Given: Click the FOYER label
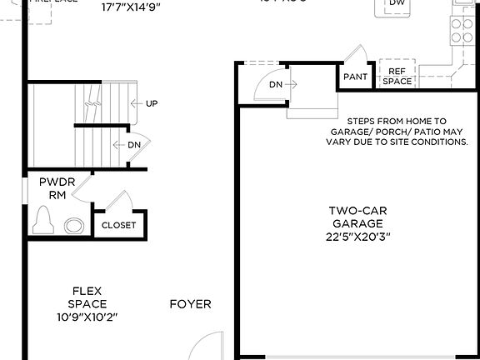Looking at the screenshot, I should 190,304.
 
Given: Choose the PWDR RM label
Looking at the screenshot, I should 52,188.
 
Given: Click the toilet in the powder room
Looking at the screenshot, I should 42,222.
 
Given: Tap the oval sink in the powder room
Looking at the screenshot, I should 74,225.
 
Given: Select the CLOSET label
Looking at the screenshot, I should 118,225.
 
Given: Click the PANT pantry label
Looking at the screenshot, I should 355,77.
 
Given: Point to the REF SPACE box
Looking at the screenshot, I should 397,77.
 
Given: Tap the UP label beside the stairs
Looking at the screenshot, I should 152,104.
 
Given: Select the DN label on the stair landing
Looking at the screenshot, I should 134,145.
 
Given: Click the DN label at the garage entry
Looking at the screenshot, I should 275,83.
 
